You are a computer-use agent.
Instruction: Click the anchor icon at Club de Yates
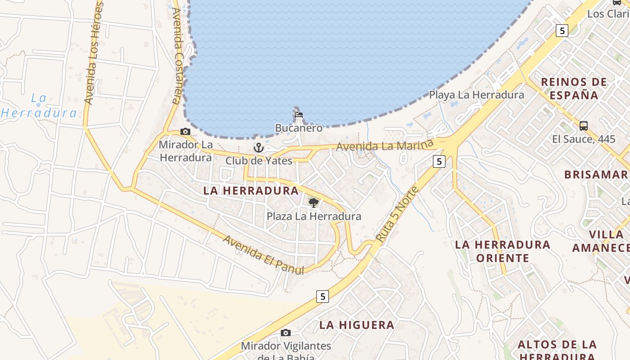pyautogui.click(x=258, y=148)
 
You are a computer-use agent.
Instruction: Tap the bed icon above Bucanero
pyautogui.click(x=298, y=114)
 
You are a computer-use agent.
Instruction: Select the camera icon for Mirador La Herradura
pyautogui.click(x=185, y=132)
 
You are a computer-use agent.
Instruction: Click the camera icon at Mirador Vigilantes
pyautogui.click(x=285, y=333)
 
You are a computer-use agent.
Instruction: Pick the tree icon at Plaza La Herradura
pyautogui.click(x=314, y=203)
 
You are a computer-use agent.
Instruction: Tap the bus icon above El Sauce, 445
pyautogui.click(x=584, y=126)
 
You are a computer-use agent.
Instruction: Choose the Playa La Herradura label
pyautogui.click(x=477, y=95)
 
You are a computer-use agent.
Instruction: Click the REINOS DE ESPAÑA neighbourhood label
pyautogui.click(x=574, y=88)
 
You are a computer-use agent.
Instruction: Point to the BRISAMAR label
pyautogui.click(x=596, y=175)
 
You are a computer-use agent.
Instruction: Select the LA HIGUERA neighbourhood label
pyautogui.click(x=357, y=325)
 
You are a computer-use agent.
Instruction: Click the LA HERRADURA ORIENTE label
pyautogui.click(x=503, y=251)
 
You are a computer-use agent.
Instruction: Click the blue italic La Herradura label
pyautogui.click(x=39, y=105)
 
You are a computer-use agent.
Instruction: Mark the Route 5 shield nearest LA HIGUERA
pyautogui.click(x=322, y=297)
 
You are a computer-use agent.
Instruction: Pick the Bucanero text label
pyautogui.click(x=299, y=128)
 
